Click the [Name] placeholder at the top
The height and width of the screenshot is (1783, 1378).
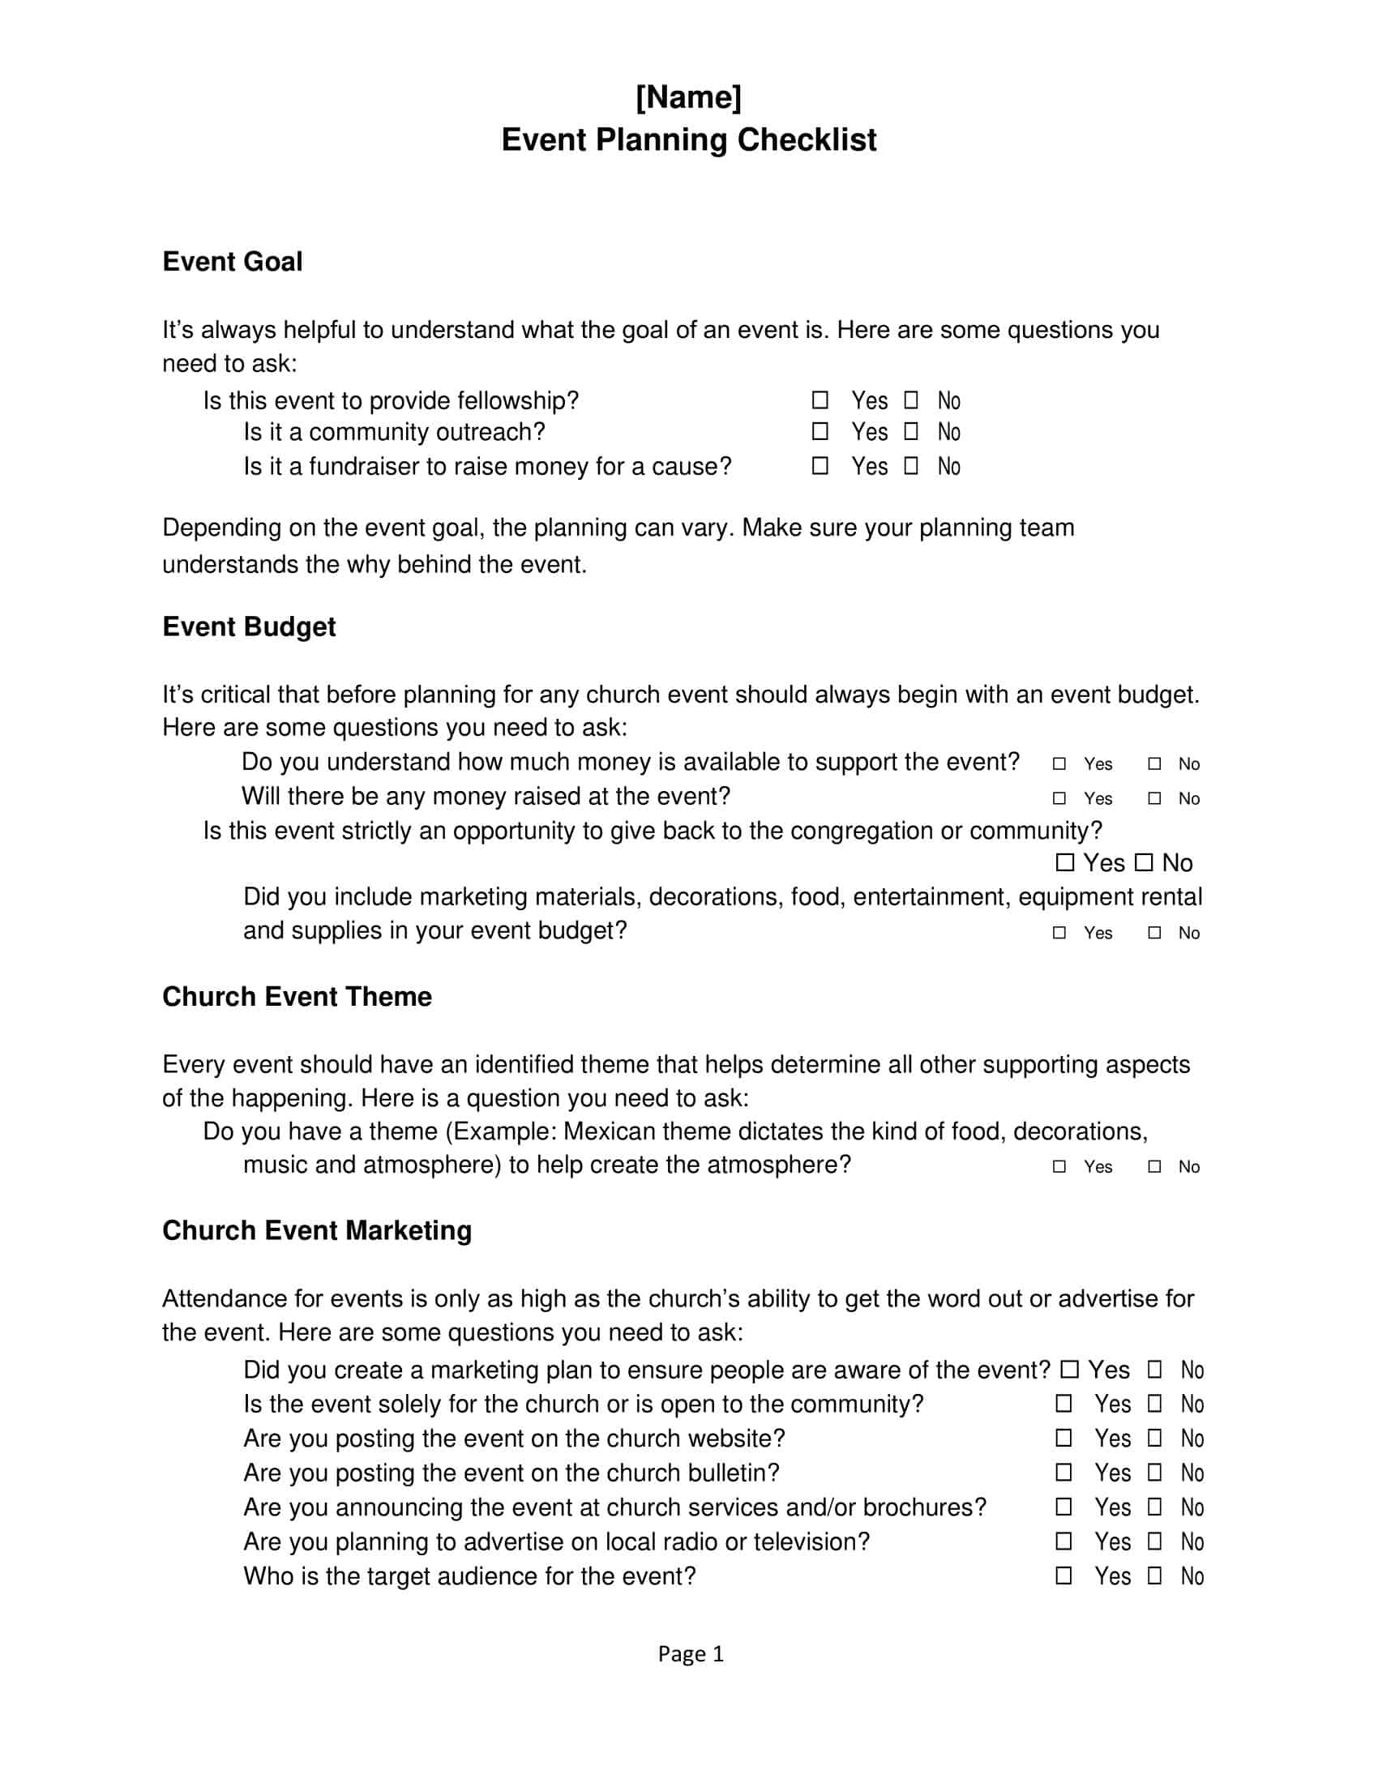[688, 97]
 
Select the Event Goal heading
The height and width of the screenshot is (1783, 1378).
[232, 261]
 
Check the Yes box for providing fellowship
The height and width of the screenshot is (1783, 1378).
[820, 400]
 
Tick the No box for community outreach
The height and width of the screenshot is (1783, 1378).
[911, 431]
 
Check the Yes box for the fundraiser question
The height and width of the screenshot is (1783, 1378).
[820, 465]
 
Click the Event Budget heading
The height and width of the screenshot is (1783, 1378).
[248, 626]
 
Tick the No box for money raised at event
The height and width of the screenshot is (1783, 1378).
[1154, 797]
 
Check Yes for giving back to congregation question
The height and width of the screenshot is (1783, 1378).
[1064, 862]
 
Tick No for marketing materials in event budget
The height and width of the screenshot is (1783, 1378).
[1154, 932]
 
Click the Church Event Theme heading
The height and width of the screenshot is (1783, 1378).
[297, 996]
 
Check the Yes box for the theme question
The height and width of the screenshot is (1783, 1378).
[1059, 1166]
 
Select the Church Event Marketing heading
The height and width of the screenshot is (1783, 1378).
[317, 1230]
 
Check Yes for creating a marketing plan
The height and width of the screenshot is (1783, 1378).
[1069, 1369]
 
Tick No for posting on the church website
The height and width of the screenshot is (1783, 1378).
[1154, 1438]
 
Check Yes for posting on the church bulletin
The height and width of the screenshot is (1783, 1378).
[1063, 1472]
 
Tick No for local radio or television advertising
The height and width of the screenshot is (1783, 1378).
[1154, 1541]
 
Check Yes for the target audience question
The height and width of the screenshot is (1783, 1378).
[1063, 1575]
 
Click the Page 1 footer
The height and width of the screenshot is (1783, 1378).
[691, 1654]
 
